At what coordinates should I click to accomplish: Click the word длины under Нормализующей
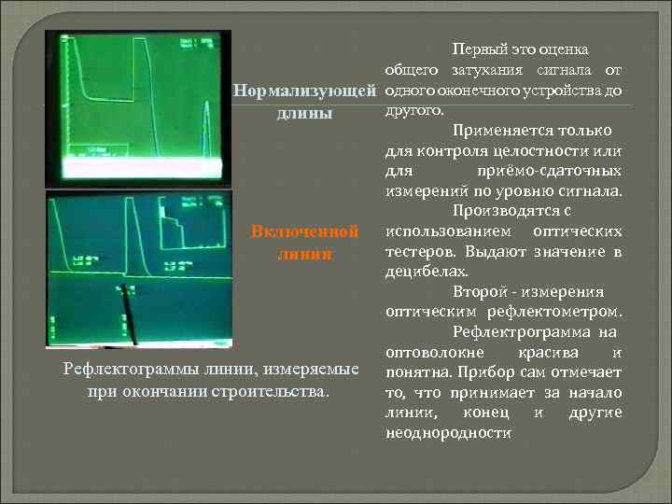click(303, 114)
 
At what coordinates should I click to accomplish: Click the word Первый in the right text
click(477, 48)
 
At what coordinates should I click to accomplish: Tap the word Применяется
click(495, 131)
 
